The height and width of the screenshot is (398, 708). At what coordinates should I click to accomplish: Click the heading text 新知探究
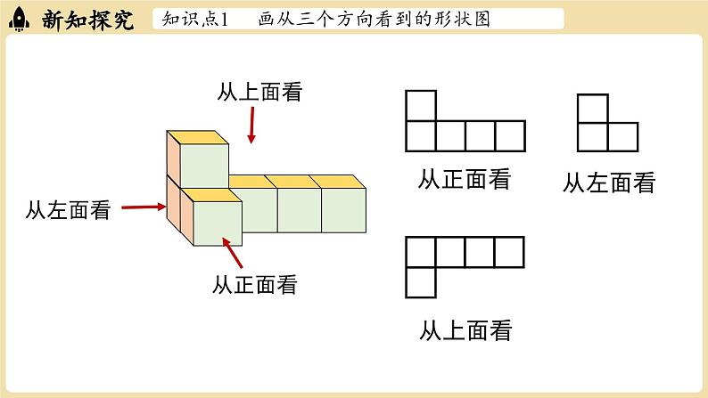tap(86, 20)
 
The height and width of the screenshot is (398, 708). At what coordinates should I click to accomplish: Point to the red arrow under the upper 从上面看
tap(252, 126)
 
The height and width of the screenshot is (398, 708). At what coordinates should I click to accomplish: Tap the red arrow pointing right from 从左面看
tap(143, 208)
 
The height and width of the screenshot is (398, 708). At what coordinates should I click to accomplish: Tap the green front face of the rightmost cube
tap(343, 210)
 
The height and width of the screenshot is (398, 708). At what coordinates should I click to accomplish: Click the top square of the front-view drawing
tap(421, 105)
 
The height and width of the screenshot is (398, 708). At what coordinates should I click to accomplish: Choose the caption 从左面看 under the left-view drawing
tap(609, 183)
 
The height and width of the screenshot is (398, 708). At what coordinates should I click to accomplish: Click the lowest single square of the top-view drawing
tap(421, 281)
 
